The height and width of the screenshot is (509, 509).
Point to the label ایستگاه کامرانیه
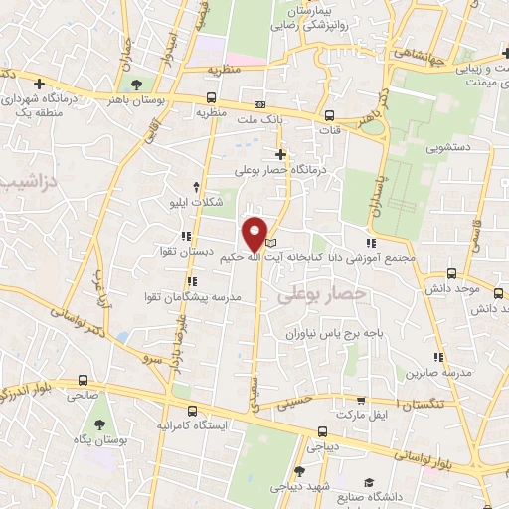[x=204, y=425]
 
